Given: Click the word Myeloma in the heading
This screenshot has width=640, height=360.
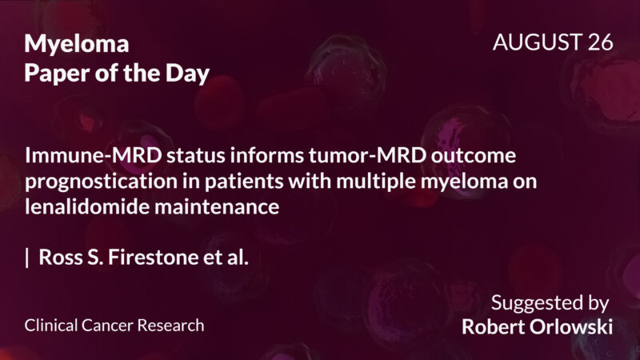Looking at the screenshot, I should click(x=77, y=44).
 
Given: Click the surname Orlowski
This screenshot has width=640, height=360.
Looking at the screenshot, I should click(x=573, y=328).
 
